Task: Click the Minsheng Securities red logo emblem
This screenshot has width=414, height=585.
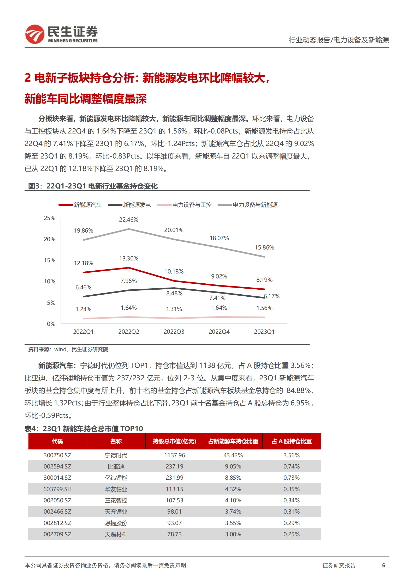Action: pos(35,34)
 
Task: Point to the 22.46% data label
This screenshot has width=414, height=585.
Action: pos(129,220)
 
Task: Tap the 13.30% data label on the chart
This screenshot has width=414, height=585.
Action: pos(129,258)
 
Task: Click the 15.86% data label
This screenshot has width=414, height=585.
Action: pos(264,247)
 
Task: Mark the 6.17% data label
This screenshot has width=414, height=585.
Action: pos(272,296)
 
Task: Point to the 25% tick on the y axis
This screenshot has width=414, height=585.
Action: pos(50,218)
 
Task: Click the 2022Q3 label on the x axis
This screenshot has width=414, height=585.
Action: pos(174,332)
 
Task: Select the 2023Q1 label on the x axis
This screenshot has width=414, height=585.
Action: pos(264,332)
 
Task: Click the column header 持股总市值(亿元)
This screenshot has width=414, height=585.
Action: pos(174,441)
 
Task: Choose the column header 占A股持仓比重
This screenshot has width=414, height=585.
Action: pos(292,441)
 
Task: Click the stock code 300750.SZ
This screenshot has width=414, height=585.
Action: pos(57,455)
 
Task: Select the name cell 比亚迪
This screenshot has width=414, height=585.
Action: pos(116,466)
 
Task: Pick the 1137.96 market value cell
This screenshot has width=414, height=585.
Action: pos(174,455)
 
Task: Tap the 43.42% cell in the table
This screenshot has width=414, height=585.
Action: pos(233,455)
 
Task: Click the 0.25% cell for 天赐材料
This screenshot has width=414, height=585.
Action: pos(292,534)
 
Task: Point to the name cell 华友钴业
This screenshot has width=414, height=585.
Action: pos(116,489)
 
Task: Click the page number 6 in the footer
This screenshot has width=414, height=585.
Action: pos(383,565)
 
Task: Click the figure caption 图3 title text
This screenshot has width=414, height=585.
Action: pos(93,186)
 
